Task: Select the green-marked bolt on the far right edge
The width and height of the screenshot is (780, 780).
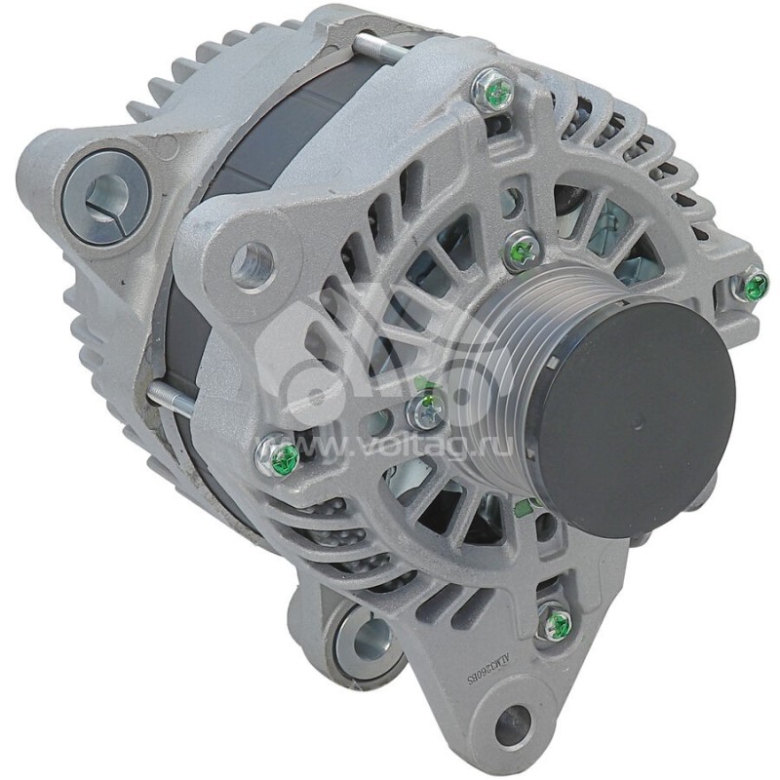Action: coord(753,286)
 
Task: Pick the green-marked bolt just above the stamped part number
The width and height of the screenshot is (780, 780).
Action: coord(557,622)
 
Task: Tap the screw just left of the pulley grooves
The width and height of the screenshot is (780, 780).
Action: coord(426,411)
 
